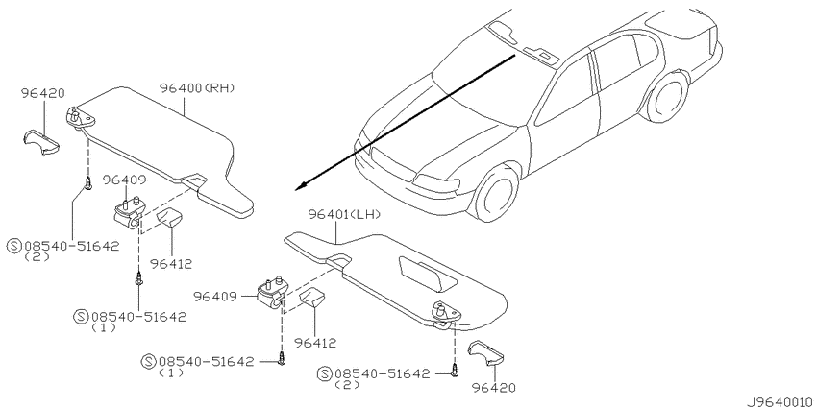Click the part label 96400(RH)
197,88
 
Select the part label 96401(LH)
344,214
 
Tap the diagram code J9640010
781,402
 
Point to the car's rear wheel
667,97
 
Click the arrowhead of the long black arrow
301,187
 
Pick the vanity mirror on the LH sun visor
428,274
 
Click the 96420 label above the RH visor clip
42,93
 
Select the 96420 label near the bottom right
494,387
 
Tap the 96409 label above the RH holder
124,180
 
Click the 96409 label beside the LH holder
214,296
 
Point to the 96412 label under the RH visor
170,264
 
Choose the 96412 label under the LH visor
314,343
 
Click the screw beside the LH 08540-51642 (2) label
454,372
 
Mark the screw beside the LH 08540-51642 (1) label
282,359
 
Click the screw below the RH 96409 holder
139,278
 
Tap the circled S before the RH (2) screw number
14,246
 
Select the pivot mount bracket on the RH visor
80,118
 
